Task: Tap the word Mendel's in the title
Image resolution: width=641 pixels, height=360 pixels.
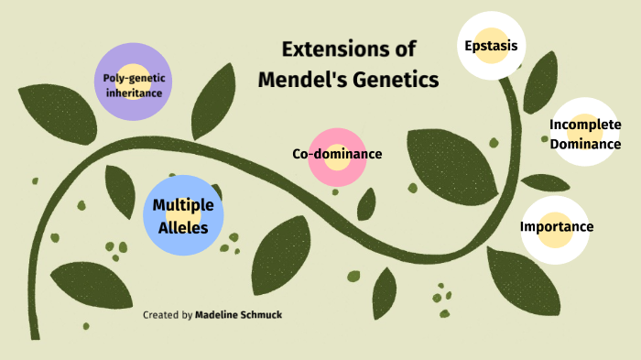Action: tap(297, 80)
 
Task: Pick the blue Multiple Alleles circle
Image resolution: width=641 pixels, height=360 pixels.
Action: tap(183, 215)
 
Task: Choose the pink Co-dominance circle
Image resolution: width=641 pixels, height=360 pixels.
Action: tap(337, 154)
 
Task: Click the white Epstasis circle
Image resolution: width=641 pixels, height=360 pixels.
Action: tap(491, 45)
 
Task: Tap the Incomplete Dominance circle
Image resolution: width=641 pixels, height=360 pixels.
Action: tap(585, 134)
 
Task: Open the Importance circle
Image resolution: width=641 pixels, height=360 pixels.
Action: tap(557, 226)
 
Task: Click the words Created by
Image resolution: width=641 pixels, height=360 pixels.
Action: tap(168, 315)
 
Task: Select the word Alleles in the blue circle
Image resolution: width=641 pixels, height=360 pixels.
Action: tap(183, 226)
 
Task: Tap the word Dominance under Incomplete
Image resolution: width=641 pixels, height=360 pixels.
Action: tap(585, 144)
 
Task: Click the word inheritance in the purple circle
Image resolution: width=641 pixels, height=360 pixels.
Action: tap(133, 93)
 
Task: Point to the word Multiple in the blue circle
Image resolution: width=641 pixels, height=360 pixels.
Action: tap(183, 205)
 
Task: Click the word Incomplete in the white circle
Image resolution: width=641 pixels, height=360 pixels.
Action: tap(585, 124)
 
